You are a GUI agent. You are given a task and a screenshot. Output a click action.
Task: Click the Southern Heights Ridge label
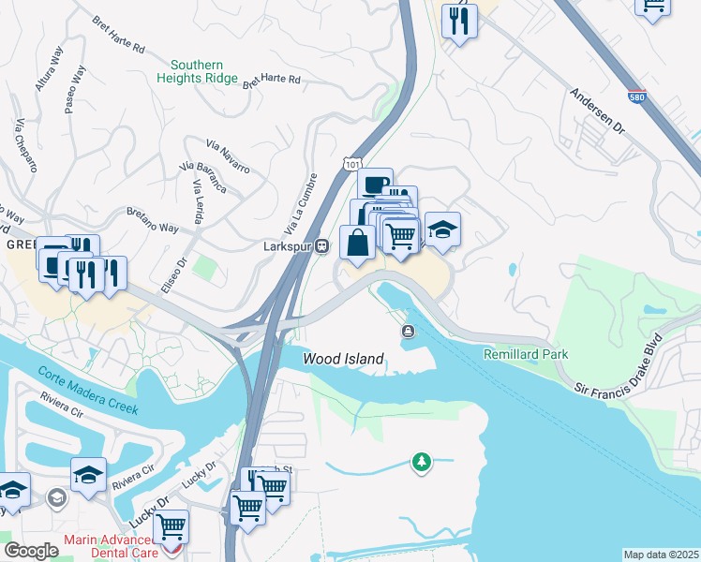pos(204,71)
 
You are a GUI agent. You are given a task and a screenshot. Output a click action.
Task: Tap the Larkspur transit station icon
pos(321,245)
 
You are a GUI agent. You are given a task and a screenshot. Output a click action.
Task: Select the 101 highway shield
pos(351,164)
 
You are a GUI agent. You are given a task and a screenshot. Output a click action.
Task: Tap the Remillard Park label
pos(526,354)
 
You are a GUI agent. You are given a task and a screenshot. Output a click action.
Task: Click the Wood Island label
pos(343,359)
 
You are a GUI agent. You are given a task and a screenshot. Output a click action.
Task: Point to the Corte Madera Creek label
pos(88,391)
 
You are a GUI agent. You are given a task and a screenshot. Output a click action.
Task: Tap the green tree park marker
pos(422,461)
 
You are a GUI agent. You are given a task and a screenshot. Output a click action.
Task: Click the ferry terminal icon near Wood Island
pos(409,331)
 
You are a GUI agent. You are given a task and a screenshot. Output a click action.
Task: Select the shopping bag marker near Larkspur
pos(357,244)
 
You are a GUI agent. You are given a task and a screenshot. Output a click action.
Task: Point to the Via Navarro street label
pos(228,155)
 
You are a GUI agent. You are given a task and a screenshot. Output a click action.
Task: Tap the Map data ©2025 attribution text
pos(661,555)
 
